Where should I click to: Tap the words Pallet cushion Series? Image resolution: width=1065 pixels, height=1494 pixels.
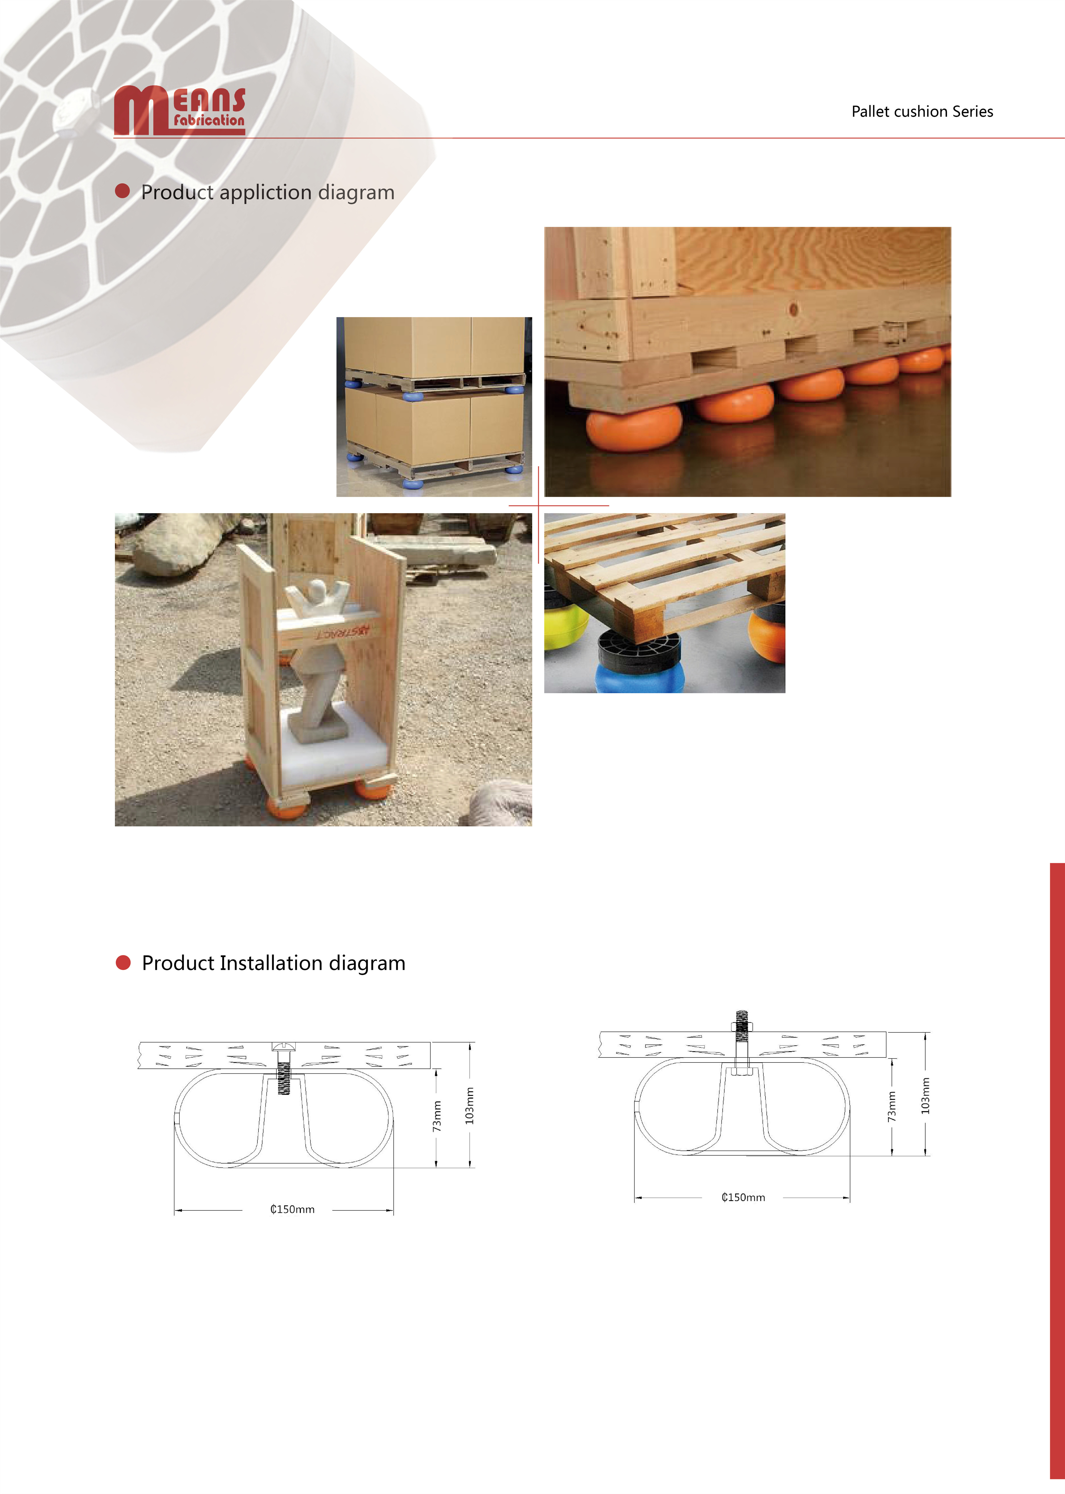922,112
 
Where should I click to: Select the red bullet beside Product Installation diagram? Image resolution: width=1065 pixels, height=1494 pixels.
123,962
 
